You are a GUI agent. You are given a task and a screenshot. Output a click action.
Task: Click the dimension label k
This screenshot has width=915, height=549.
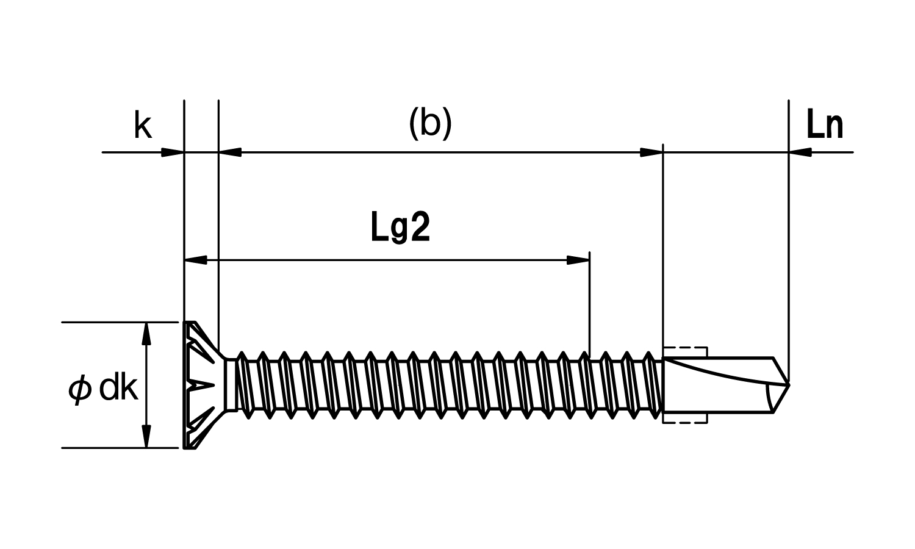143,124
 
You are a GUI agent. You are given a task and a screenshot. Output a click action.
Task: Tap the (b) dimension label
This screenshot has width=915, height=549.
431,124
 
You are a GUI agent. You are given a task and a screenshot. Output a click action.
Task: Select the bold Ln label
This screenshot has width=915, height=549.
825,125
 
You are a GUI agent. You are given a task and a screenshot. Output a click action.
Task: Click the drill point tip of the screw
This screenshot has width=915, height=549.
789,384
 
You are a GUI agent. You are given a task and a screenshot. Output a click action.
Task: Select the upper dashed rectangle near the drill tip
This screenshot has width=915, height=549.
685,352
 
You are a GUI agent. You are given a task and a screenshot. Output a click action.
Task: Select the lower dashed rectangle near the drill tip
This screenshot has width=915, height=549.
685,418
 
